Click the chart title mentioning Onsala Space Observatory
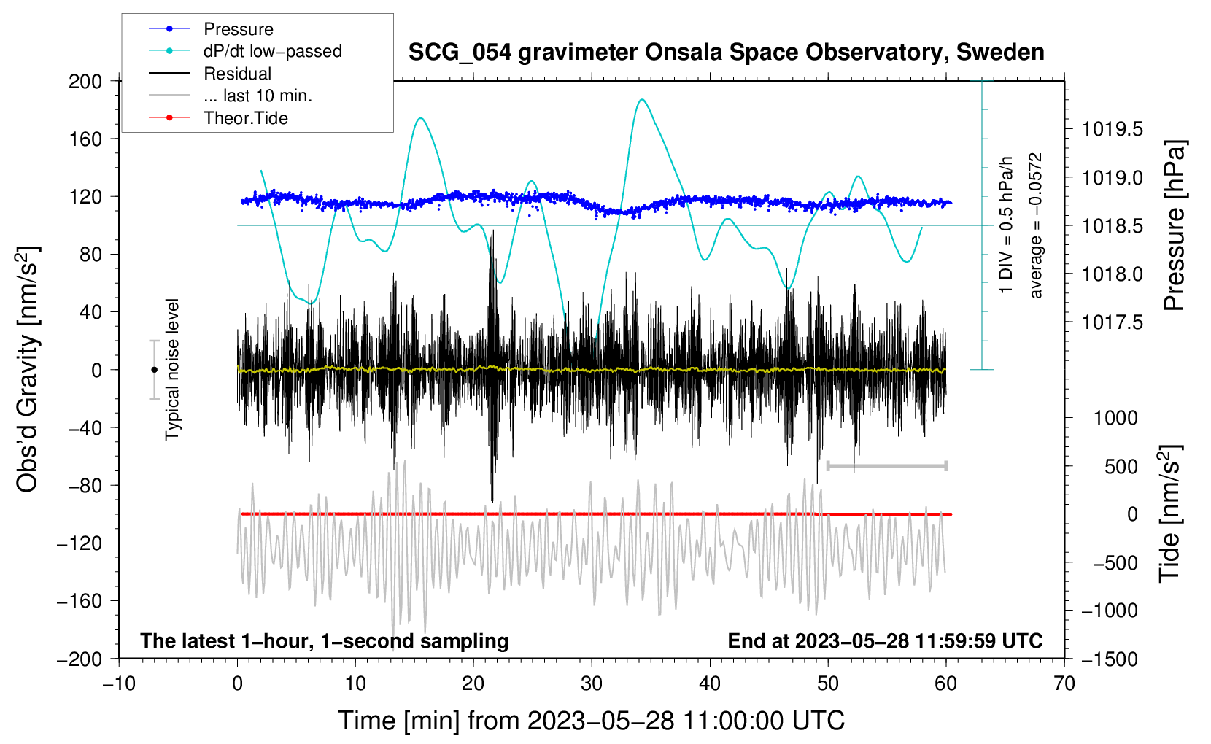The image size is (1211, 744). coord(726,53)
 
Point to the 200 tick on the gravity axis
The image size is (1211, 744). coord(85,82)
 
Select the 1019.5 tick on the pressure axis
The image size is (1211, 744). coord(1112,129)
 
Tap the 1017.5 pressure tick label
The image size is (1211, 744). coord(1112,322)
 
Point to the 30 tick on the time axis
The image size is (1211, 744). coord(592,683)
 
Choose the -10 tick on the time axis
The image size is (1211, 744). coord(119,683)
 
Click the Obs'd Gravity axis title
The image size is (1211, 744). coord(28,370)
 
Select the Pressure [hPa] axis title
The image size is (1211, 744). coord(1175,225)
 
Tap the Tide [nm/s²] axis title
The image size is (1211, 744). coord(1170,514)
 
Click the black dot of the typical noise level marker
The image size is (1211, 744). coord(154,370)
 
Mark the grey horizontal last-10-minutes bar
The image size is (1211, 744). coord(886,465)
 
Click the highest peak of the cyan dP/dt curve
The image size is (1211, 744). coord(642,99)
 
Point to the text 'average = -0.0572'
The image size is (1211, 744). coord(1035,225)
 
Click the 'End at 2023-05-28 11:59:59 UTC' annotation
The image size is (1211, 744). coord(885,640)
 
